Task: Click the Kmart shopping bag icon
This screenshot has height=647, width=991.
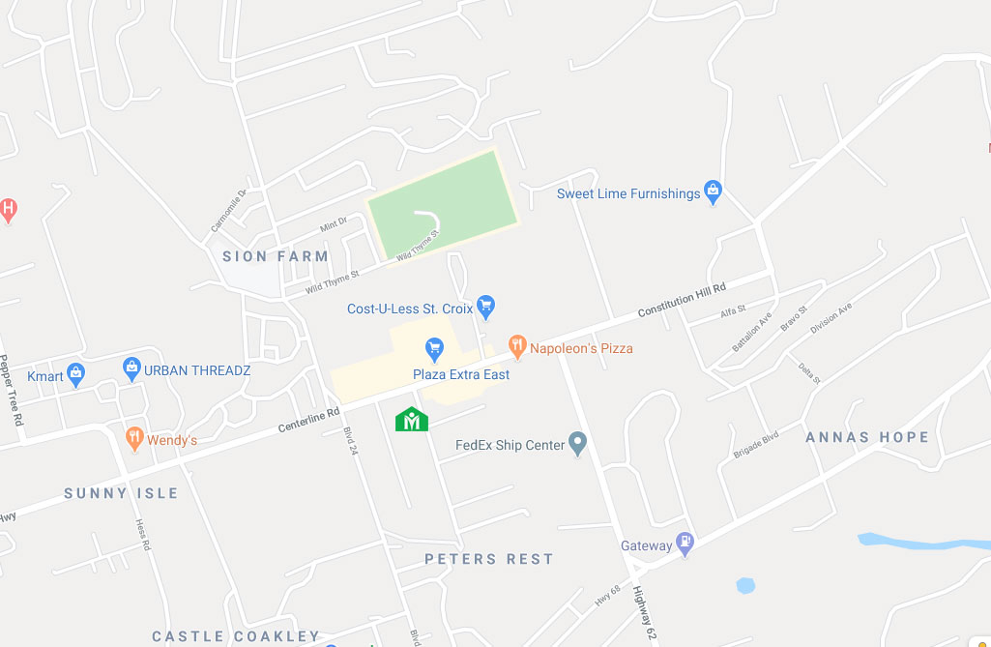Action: click(76, 374)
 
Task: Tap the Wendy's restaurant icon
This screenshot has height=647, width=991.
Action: click(134, 439)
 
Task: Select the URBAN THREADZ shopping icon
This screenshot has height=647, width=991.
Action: click(132, 368)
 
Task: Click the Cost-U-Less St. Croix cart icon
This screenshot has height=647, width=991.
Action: click(486, 308)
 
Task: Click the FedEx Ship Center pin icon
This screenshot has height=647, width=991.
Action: click(578, 445)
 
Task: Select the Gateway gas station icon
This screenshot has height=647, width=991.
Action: click(685, 544)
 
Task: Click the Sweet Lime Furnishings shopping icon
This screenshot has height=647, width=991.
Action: click(713, 191)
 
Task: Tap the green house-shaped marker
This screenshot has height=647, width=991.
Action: click(412, 419)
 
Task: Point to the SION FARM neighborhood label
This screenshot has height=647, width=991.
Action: click(276, 256)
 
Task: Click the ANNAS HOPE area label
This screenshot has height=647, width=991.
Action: click(867, 437)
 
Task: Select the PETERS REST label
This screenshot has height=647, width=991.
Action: click(489, 559)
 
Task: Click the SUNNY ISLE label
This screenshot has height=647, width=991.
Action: click(122, 493)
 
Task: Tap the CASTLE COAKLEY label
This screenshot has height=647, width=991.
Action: click(236, 636)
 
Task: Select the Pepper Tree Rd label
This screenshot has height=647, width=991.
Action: click(12, 391)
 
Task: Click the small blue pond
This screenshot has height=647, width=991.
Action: click(744, 585)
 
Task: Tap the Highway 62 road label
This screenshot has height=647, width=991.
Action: click(646, 615)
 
